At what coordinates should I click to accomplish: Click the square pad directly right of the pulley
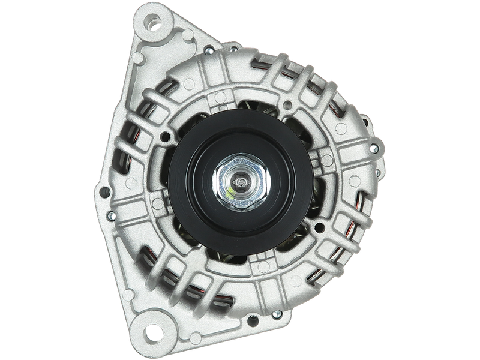pyautogui.click(x=328, y=157)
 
